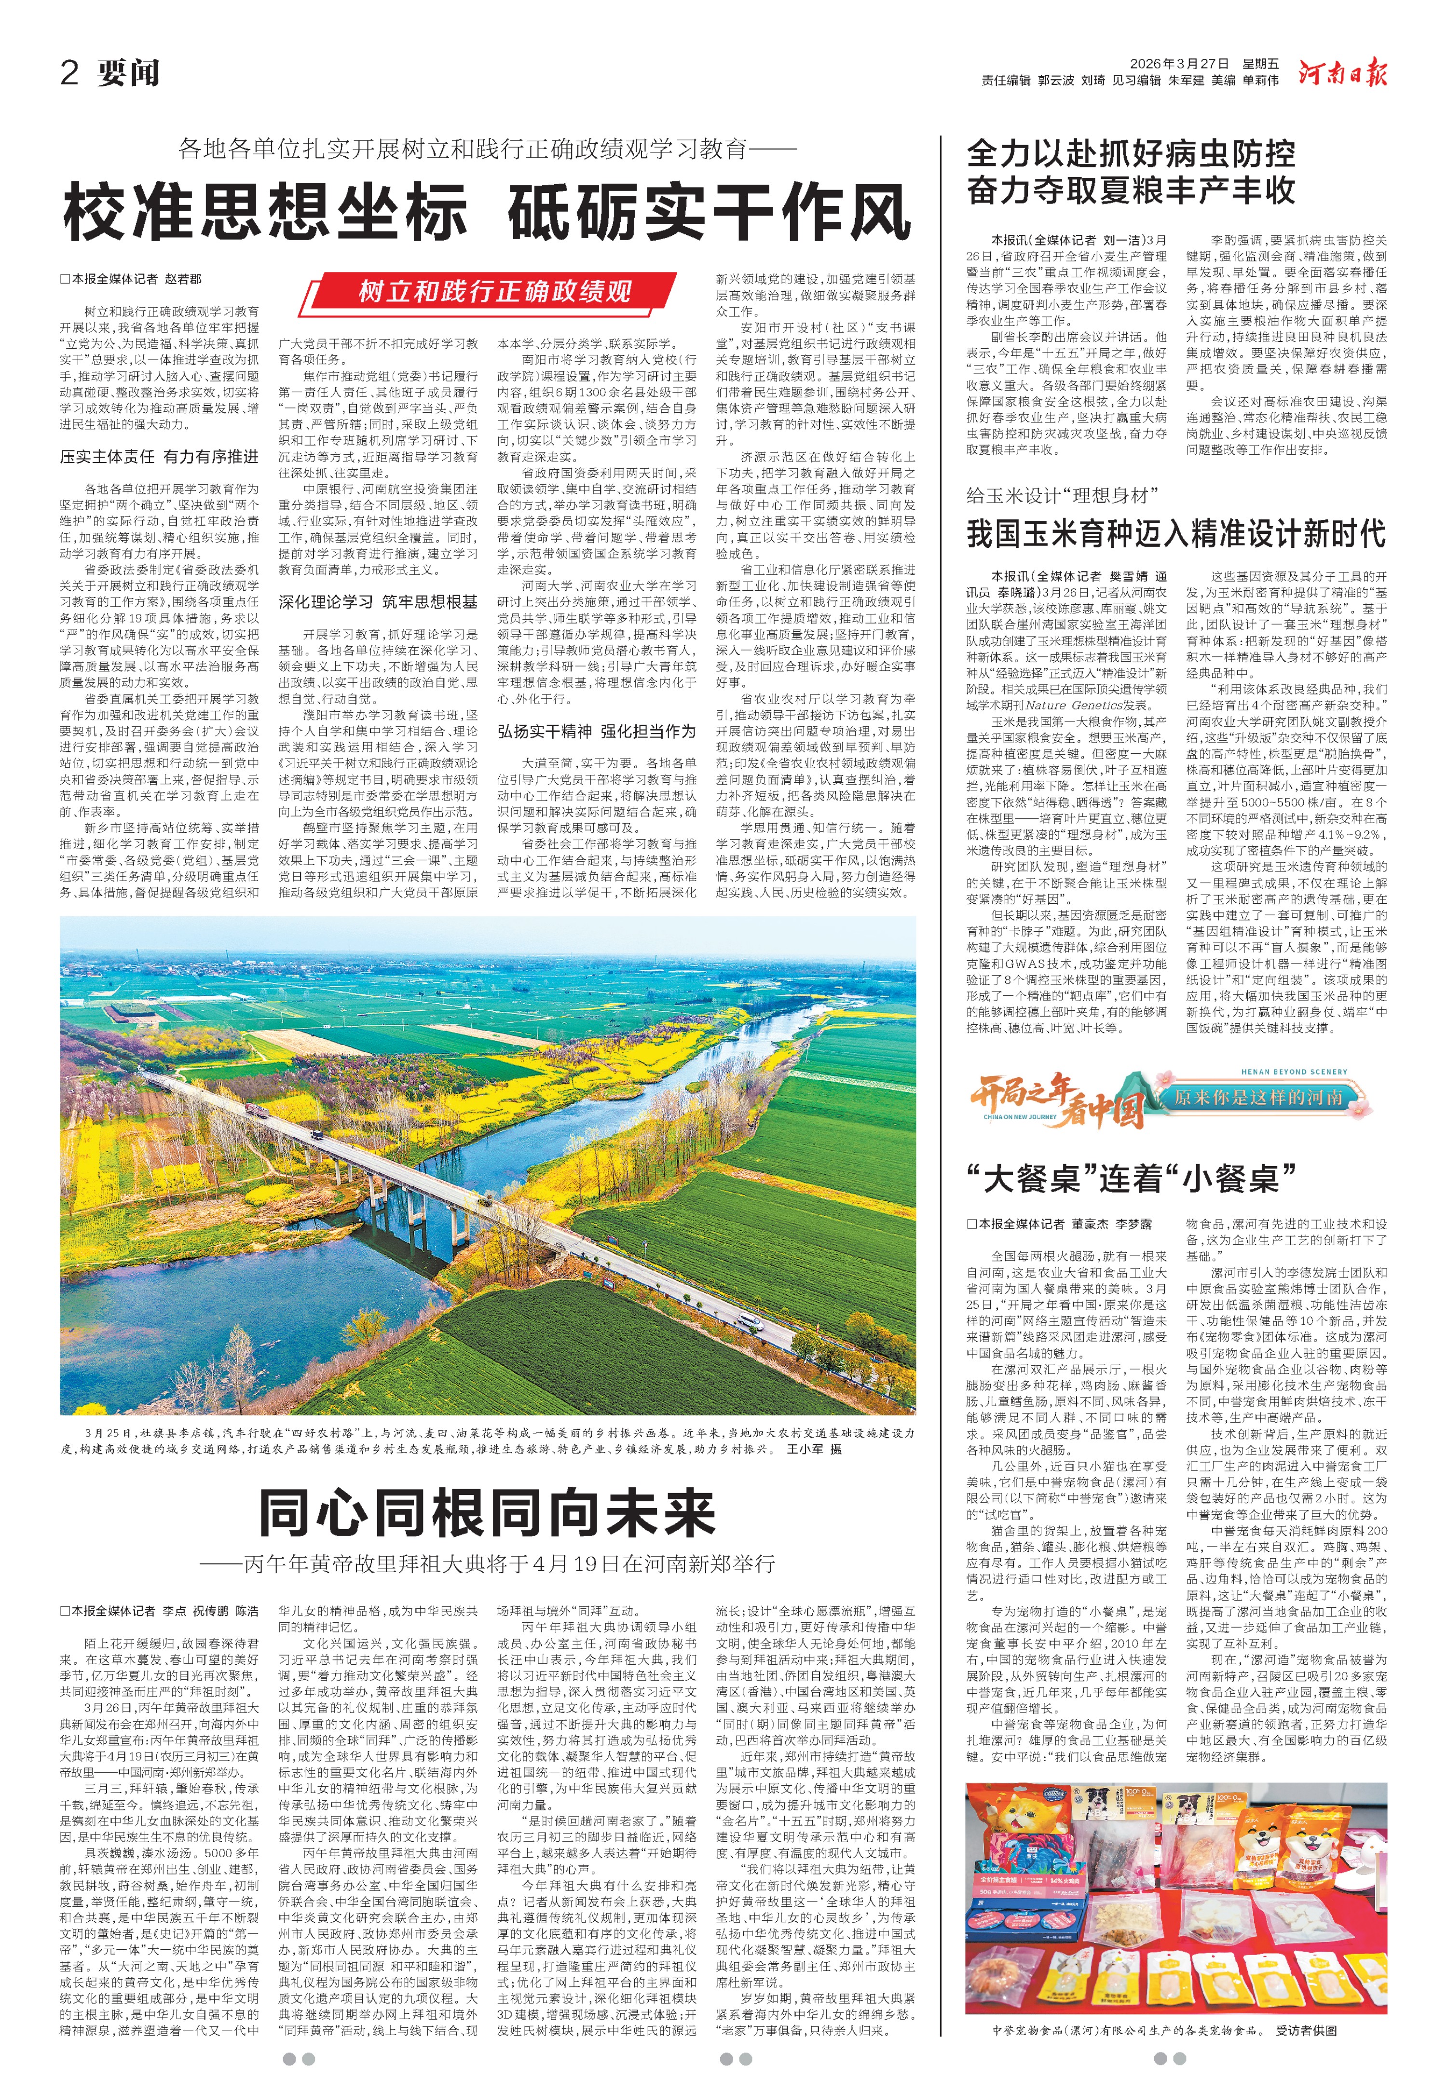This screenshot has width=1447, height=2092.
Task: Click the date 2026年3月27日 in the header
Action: click(1179, 64)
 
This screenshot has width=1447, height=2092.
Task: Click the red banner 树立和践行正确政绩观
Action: click(494, 292)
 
